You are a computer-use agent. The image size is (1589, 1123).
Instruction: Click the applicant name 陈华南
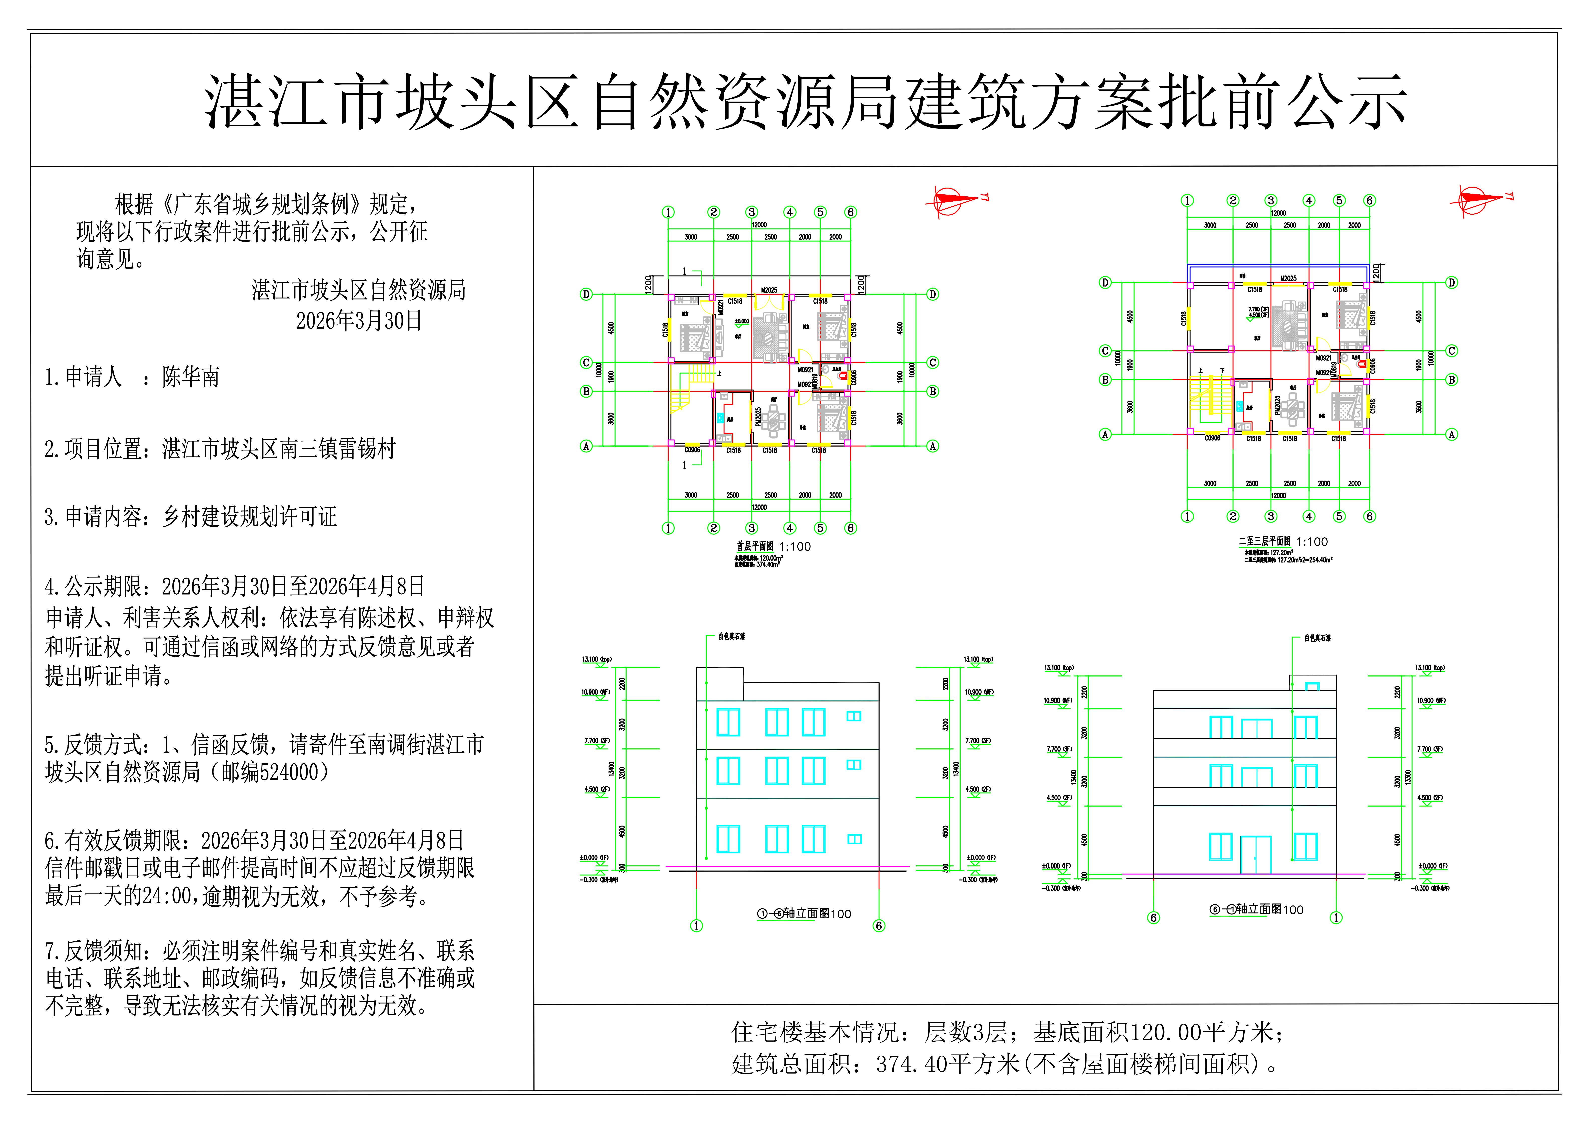coord(191,377)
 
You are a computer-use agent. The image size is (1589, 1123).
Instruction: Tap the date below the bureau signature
coord(358,320)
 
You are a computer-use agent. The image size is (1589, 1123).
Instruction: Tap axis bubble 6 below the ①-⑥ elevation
coord(879,926)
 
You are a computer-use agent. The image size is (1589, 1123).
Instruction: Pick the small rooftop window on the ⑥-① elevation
coord(1312,686)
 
